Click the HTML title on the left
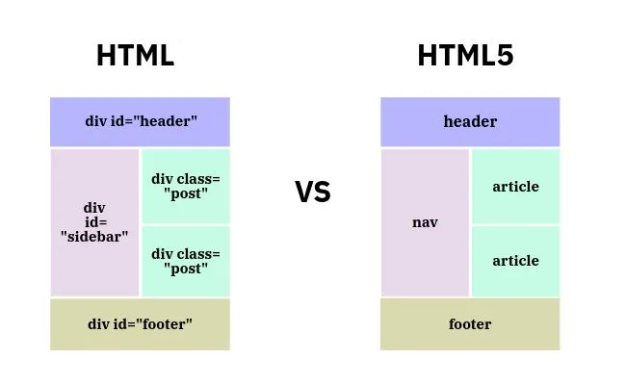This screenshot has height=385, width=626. [136, 56]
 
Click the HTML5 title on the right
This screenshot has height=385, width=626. [465, 56]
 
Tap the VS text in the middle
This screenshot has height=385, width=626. [312, 192]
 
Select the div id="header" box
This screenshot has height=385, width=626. [141, 122]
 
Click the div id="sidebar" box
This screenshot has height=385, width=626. [94, 222]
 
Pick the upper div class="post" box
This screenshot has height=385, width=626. [186, 186]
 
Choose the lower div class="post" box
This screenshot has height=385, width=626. [186, 261]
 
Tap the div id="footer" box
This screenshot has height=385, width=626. [141, 324]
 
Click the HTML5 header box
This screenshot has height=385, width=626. [470, 122]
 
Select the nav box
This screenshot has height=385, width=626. [425, 222]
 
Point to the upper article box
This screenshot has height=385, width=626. [515, 186]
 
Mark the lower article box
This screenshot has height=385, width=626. [515, 261]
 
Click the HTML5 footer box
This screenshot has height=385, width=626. [470, 324]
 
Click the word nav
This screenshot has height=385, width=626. [425, 222]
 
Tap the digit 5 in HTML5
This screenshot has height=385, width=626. [505, 56]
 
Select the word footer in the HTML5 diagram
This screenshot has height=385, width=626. [470, 324]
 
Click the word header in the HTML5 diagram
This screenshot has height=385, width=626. [470, 122]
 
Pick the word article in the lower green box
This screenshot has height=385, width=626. [515, 261]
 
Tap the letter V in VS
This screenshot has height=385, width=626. [303, 192]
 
